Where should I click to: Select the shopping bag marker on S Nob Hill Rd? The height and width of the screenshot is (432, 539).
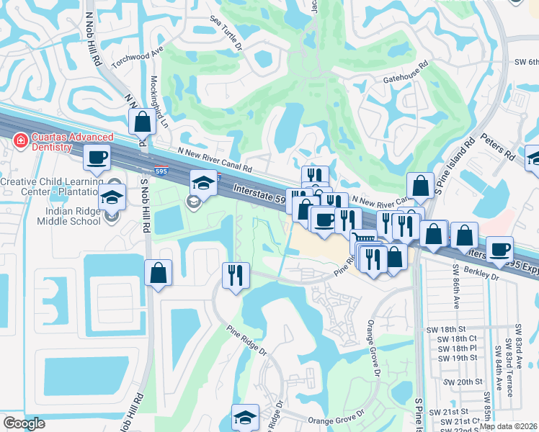[158, 273]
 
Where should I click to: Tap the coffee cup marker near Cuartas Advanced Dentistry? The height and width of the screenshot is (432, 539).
[97, 157]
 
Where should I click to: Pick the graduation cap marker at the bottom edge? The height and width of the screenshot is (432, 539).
[245, 417]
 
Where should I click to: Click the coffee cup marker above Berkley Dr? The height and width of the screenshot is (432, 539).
[499, 249]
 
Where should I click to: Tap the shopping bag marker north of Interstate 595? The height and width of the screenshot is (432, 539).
[143, 122]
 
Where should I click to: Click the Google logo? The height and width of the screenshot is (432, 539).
[24, 423]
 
